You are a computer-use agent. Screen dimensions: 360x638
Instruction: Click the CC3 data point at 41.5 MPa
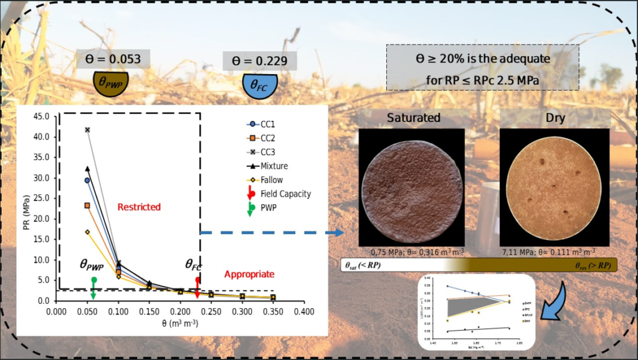tap(88, 130)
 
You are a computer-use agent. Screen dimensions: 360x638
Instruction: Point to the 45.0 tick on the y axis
tap(41, 116)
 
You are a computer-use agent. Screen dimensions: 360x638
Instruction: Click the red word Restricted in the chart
tap(140, 207)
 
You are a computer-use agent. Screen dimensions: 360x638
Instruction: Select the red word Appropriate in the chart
tap(249, 274)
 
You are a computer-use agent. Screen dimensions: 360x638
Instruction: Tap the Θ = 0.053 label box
tap(113, 59)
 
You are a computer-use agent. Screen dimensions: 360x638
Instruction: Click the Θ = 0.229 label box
tap(260, 61)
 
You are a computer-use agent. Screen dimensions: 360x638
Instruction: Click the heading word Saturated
tap(414, 118)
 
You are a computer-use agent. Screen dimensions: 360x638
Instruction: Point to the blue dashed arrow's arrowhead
tap(339, 233)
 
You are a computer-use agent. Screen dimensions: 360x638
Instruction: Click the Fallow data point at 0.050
tap(88, 232)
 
